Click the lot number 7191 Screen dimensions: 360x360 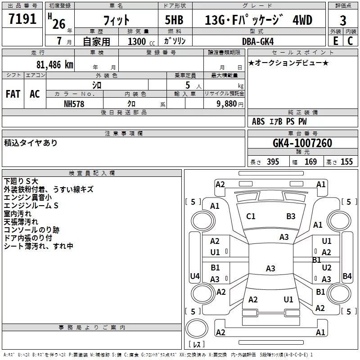pos(22,20)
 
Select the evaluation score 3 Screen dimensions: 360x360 pos(343,21)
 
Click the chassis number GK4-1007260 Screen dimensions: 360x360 pos(302,144)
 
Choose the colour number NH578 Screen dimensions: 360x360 pos(74,103)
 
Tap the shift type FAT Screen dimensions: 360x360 pos(13,94)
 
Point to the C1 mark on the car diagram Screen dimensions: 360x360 pos(251,216)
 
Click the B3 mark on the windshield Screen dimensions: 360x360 pos(291,216)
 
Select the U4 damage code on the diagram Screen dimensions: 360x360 pos(194,276)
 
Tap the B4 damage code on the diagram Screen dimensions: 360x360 pos(347,276)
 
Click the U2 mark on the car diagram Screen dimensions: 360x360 pos(327,267)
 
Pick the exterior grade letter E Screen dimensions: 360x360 pos(335,41)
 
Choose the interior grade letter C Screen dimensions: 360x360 pos(350,41)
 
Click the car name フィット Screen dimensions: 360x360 pos(116,21)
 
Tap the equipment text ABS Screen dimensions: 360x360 pos(258,121)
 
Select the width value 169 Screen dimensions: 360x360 pos(310,162)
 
